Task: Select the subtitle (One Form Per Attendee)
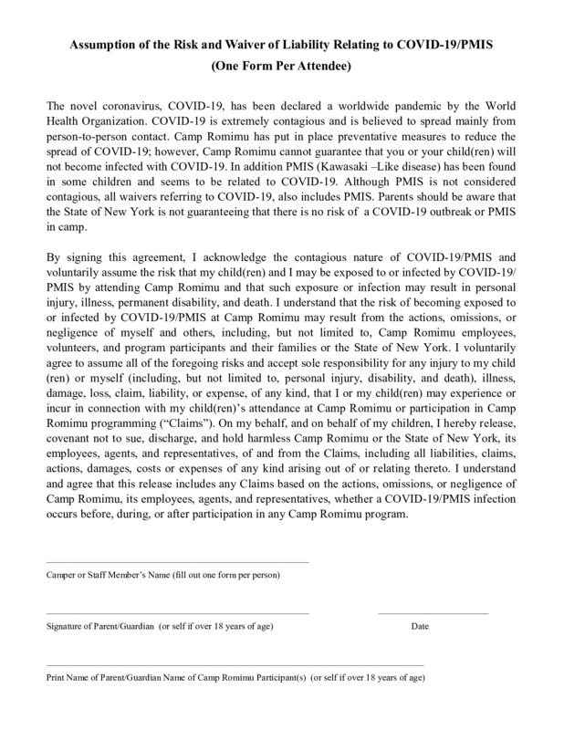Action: coord(282,67)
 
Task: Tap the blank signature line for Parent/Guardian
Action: coord(177,613)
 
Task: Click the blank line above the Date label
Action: coord(433,613)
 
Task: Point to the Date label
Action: coord(420,627)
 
